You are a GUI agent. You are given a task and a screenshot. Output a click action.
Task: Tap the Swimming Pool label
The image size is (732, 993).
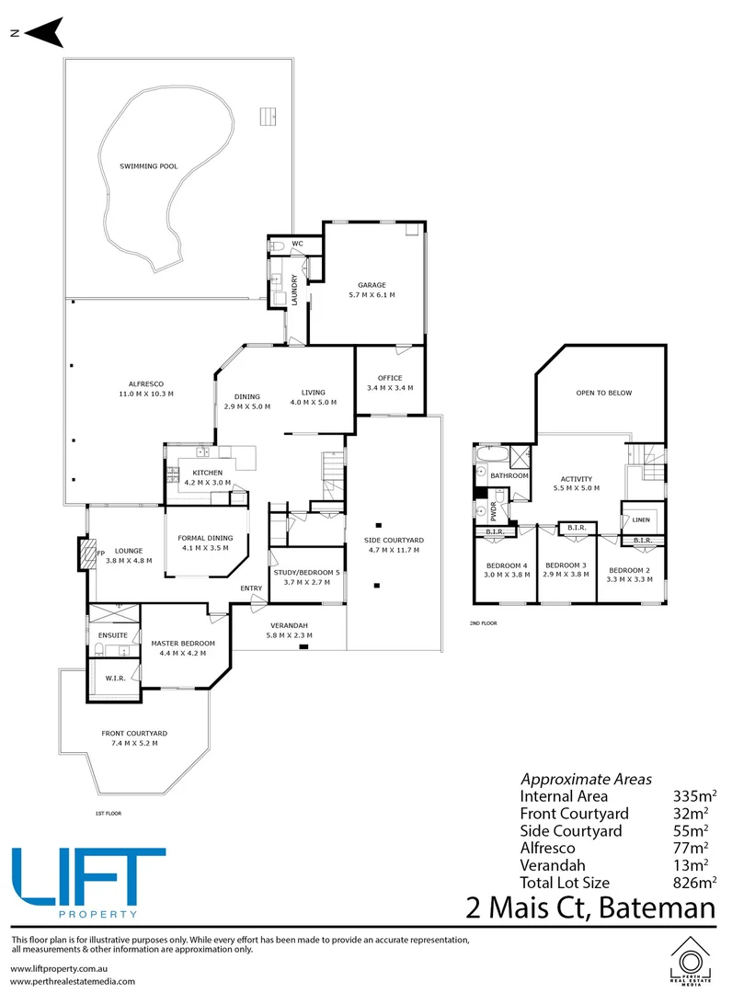(x=149, y=166)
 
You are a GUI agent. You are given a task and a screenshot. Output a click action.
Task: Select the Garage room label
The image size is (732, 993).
(x=372, y=285)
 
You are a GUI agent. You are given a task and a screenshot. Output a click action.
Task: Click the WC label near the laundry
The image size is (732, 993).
(x=297, y=244)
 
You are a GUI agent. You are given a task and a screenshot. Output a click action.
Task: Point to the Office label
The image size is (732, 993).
(x=390, y=378)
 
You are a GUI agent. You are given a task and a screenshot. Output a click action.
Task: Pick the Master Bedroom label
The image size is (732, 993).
(x=183, y=644)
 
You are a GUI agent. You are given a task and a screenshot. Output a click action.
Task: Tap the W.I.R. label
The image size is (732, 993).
(x=115, y=679)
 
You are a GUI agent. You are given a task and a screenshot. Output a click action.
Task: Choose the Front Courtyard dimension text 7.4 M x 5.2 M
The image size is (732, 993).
(x=134, y=744)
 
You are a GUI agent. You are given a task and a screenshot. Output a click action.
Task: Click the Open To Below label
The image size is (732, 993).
(x=604, y=394)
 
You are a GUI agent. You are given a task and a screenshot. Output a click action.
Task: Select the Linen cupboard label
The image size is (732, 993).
(x=641, y=519)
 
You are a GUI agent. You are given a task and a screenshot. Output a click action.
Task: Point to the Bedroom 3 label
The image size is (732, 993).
(x=566, y=565)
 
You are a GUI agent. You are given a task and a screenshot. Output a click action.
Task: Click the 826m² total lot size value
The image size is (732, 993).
(x=694, y=882)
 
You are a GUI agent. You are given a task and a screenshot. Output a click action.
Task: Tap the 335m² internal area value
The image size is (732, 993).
(x=694, y=796)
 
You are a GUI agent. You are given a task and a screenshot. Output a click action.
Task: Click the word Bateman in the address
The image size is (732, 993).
(x=657, y=907)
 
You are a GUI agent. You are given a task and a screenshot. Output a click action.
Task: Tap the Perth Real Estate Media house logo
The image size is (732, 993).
(x=691, y=961)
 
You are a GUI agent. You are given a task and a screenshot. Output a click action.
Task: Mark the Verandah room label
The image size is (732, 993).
(x=289, y=626)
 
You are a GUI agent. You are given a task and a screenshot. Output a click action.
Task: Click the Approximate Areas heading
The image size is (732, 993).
(x=586, y=780)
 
